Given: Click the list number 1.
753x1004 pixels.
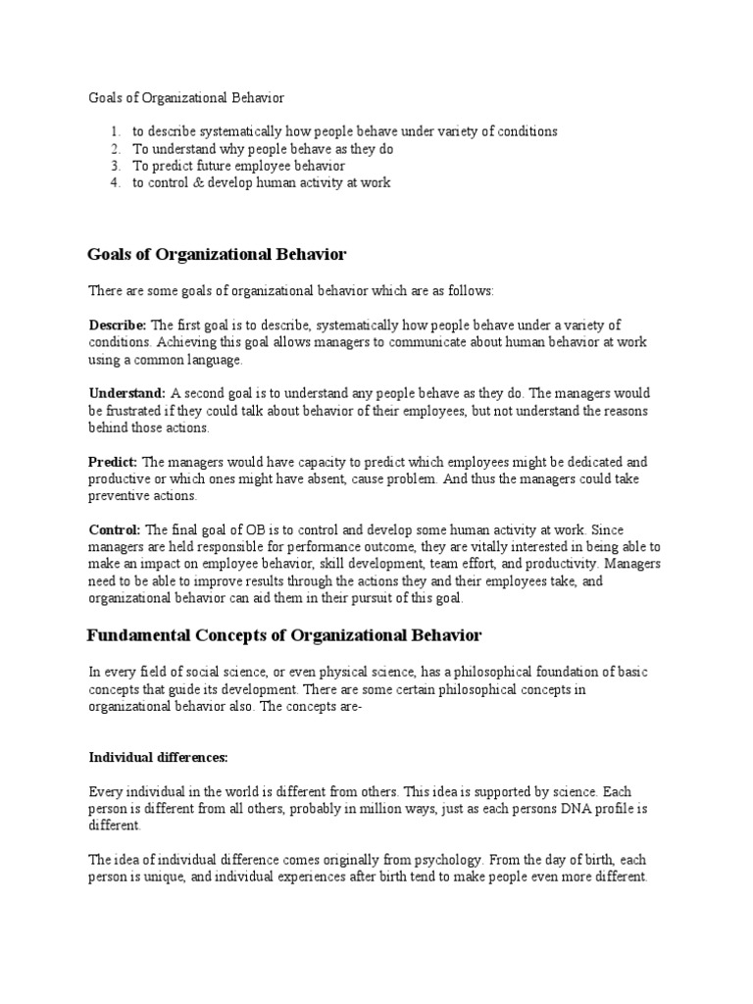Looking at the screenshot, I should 114,130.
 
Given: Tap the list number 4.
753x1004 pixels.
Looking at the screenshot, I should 114,183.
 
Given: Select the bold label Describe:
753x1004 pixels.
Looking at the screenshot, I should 118,325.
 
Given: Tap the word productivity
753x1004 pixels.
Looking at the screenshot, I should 562,565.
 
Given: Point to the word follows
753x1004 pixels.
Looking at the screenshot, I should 470,291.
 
